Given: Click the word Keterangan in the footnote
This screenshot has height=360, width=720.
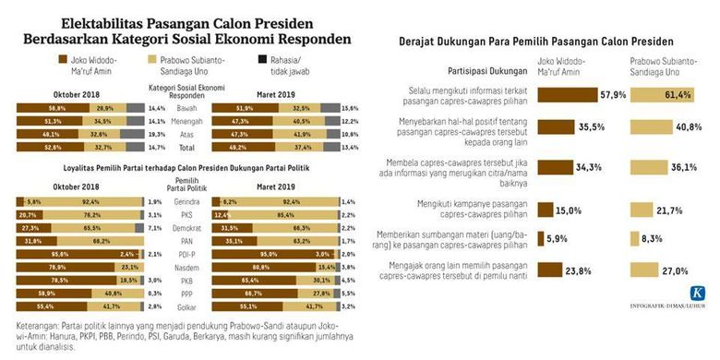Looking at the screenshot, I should [38, 326].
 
